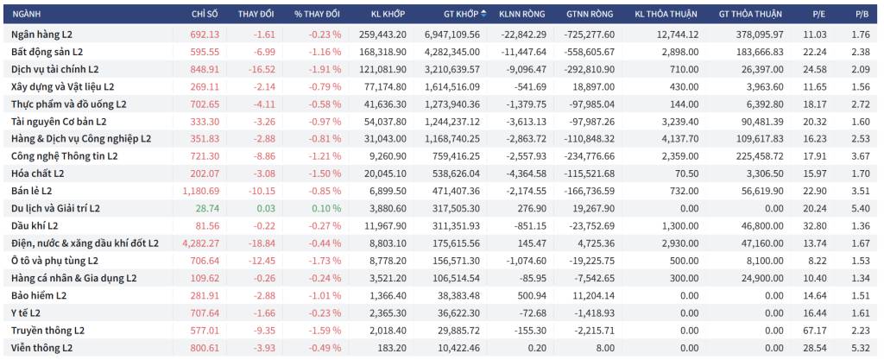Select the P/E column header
[x=815, y=14]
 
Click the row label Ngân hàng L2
[x=41, y=35]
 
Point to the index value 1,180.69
[x=197, y=191]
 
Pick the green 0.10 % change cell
[x=325, y=208]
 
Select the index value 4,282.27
[x=197, y=243]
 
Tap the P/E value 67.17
[x=811, y=330]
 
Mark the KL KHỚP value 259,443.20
[x=382, y=35]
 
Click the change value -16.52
[x=262, y=69]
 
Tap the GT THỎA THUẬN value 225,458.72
[x=760, y=156]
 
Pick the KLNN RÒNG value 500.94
[x=533, y=295]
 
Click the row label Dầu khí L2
[x=35, y=226]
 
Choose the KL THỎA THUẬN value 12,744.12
[x=678, y=35]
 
